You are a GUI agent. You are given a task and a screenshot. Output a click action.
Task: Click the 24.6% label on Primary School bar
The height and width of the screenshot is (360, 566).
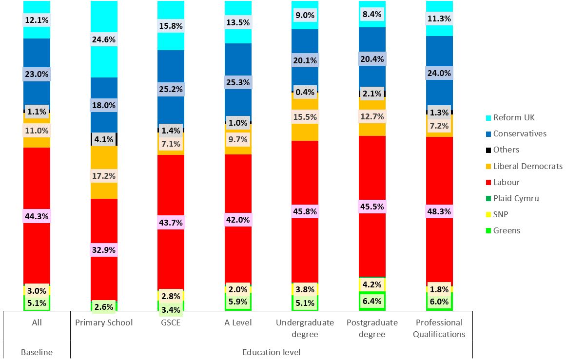point(104,40)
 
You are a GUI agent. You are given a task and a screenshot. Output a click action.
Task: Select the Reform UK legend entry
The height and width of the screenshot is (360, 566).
point(513,117)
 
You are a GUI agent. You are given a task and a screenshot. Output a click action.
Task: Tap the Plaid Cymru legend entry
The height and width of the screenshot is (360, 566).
point(516,198)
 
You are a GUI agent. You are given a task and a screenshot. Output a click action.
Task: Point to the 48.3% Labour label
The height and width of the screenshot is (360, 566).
point(439,212)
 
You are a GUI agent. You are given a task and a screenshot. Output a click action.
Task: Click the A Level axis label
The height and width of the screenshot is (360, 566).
point(238,322)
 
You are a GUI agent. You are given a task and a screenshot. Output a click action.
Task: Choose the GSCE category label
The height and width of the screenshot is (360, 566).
point(171,322)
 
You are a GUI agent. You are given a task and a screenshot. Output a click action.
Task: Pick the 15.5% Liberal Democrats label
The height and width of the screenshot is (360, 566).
point(305,117)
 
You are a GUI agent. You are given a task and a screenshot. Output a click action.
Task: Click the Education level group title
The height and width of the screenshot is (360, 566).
point(272,352)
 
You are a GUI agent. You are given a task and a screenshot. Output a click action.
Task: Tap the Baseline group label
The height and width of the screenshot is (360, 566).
point(37,352)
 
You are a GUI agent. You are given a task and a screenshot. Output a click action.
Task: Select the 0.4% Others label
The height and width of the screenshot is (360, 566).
point(305,92)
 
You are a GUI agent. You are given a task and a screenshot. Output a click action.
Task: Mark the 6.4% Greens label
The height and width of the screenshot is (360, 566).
point(372,301)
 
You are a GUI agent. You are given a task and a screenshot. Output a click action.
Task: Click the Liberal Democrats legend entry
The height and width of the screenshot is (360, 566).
point(527,166)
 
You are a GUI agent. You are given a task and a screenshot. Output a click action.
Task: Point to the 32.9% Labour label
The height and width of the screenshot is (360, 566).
point(104,250)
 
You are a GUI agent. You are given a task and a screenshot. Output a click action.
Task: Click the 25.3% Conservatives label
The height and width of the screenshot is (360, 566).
point(238,82)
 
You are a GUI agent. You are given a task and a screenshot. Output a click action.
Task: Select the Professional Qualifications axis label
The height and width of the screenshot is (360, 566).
point(439,328)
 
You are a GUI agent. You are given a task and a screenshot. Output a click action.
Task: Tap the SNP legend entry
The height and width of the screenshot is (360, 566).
point(501,214)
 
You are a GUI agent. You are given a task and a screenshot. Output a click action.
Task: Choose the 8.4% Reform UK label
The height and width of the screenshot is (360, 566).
point(372,14)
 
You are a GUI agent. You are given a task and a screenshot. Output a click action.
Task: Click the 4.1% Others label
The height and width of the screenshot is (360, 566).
point(104,139)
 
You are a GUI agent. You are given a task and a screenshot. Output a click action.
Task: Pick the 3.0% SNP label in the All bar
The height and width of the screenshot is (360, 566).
point(37,291)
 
